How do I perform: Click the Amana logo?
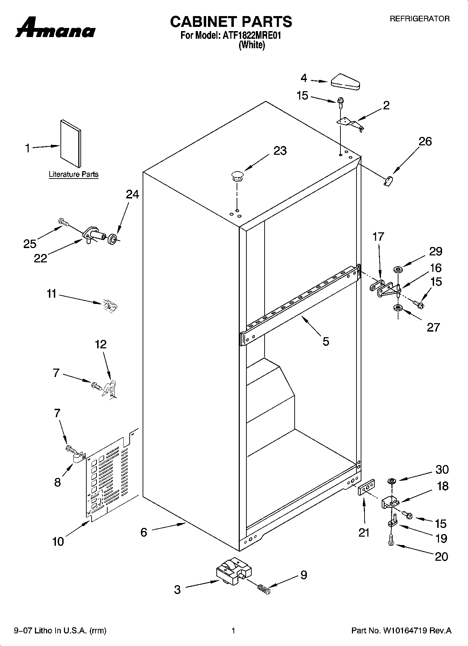point(55,28)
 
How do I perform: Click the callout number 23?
point(280,151)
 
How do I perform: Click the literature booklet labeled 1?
point(71,143)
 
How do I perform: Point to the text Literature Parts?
point(73,174)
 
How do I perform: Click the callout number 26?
point(425,141)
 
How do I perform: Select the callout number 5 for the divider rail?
point(326,341)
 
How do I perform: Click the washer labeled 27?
point(397,308)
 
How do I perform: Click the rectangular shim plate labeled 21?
point(366,487)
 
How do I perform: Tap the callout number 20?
point(441,556)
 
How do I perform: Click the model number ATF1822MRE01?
point(252,35)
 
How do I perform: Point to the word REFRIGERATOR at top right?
point(419,19)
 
